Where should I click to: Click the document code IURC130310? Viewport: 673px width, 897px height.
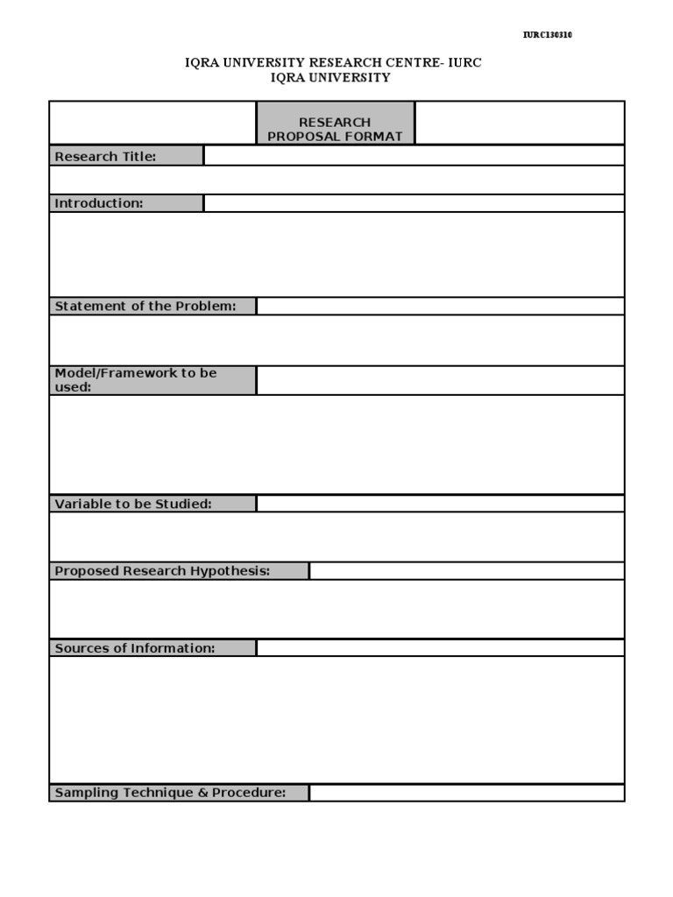pos(548,35)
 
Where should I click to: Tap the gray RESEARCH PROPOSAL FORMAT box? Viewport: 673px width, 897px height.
pos(336,123)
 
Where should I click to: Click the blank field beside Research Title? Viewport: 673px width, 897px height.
pos(414,156)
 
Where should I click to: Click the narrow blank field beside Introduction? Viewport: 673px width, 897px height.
pos(414,203)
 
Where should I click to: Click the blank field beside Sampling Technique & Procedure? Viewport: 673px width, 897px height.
pos(466,793)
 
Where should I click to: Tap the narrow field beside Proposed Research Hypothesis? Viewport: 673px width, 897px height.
pos(466,571)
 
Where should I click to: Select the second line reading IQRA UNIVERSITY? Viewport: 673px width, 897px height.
pos(331,77)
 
